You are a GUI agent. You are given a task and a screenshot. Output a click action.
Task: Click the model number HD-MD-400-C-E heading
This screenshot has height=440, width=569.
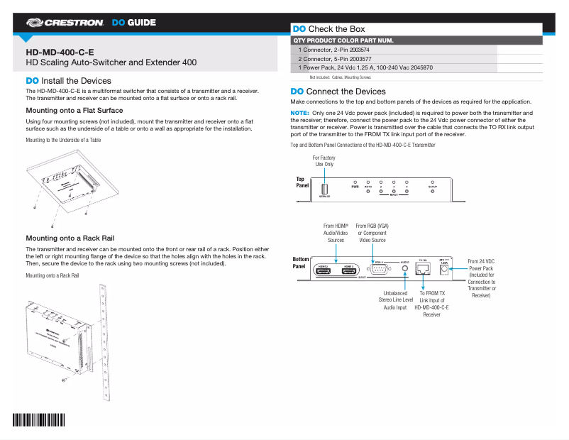click(x=60, y=52)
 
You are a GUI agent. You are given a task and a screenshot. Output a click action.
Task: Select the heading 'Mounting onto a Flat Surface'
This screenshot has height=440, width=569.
click(x=74, y=111)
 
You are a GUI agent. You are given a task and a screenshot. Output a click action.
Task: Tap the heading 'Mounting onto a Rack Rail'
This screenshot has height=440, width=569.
click(x=70, y=238)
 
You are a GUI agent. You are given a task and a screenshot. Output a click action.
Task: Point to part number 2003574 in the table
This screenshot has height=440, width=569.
click(x=359, y=51)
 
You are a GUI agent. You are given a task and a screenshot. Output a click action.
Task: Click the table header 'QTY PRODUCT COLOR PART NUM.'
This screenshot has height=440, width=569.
click(x=343, y=40)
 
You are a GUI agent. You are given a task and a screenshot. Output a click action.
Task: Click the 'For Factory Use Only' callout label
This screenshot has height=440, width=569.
click(x=324, y=161)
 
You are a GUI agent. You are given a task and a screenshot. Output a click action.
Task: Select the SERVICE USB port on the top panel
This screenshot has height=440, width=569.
click(x=324, y=189)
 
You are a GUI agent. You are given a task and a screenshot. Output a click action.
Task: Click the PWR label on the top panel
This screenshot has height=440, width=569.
click(x=355, y=186)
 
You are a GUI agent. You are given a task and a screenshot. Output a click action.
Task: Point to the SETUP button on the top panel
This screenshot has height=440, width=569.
click(x=433, y=191)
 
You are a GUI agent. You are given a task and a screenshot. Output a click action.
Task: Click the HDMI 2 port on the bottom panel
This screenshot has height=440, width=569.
click(x=324, y=271)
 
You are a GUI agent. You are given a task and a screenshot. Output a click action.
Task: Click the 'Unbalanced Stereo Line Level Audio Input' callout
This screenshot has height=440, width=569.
click(x=396, y=300)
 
